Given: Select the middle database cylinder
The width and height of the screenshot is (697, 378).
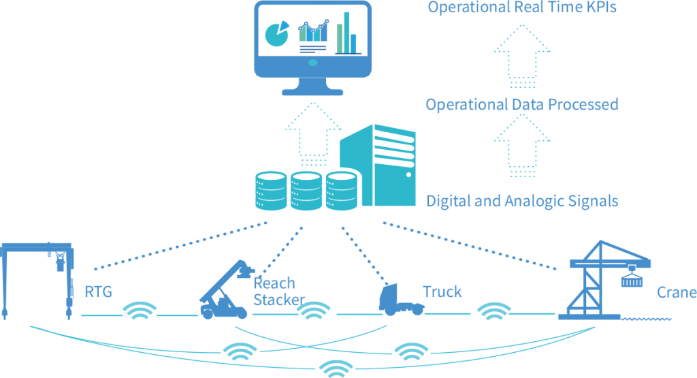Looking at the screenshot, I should (306, 190).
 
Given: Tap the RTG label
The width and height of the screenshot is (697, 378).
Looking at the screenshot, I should (98, 293).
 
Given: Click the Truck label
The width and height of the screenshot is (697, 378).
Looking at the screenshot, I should (442, 292).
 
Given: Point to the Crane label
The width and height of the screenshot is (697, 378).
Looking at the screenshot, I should (676, 293).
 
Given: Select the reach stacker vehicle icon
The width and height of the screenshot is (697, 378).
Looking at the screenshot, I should (224, 290).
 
